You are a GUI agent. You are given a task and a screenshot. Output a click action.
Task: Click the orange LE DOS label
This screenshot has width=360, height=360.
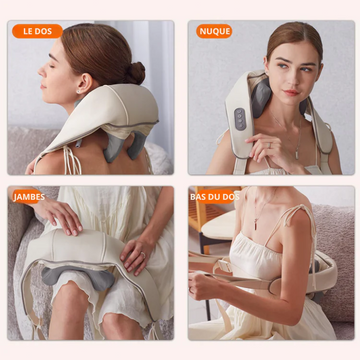pyautogui.click(x=37, y=31)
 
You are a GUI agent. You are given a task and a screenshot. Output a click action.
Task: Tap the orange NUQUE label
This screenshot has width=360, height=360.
pyautogui.click(x=214, y=31)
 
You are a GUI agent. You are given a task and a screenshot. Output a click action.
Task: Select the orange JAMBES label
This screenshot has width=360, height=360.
pyautogui.click(x=29, y=197)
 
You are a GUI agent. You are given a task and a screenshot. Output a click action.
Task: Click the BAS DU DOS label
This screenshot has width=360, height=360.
pyautogui.click(x=215, y=197)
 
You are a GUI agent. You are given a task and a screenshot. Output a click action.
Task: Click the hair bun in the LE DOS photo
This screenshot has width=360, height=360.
pyautogui.click(x=135, y=73)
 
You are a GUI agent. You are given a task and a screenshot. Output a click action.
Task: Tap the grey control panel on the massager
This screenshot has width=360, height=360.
pyautogui.click(x=240, y=119)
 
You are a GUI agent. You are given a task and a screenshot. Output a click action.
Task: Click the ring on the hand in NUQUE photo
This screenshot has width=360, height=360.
pyautogui.click(x=270, y=145)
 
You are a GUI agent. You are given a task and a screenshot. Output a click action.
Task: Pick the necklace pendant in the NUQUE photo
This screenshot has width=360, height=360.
pyautogui.click(x=296, y=155)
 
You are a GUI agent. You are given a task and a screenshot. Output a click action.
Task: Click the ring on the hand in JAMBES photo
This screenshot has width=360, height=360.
pyautogui.click(x=143, y=255)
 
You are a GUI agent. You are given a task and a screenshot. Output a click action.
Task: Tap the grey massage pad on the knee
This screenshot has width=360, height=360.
pyautogui.click(x=78, y=276)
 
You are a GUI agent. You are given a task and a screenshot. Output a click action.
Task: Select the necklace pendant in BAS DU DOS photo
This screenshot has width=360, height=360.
pyautogui.click(x=255, y=224)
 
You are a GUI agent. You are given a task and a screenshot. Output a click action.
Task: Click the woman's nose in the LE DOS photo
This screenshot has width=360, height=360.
pyautogui.click(x=42, y=70)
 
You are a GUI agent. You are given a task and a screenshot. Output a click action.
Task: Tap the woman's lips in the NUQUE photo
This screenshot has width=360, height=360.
pyautogui.click(x=291, y=93)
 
